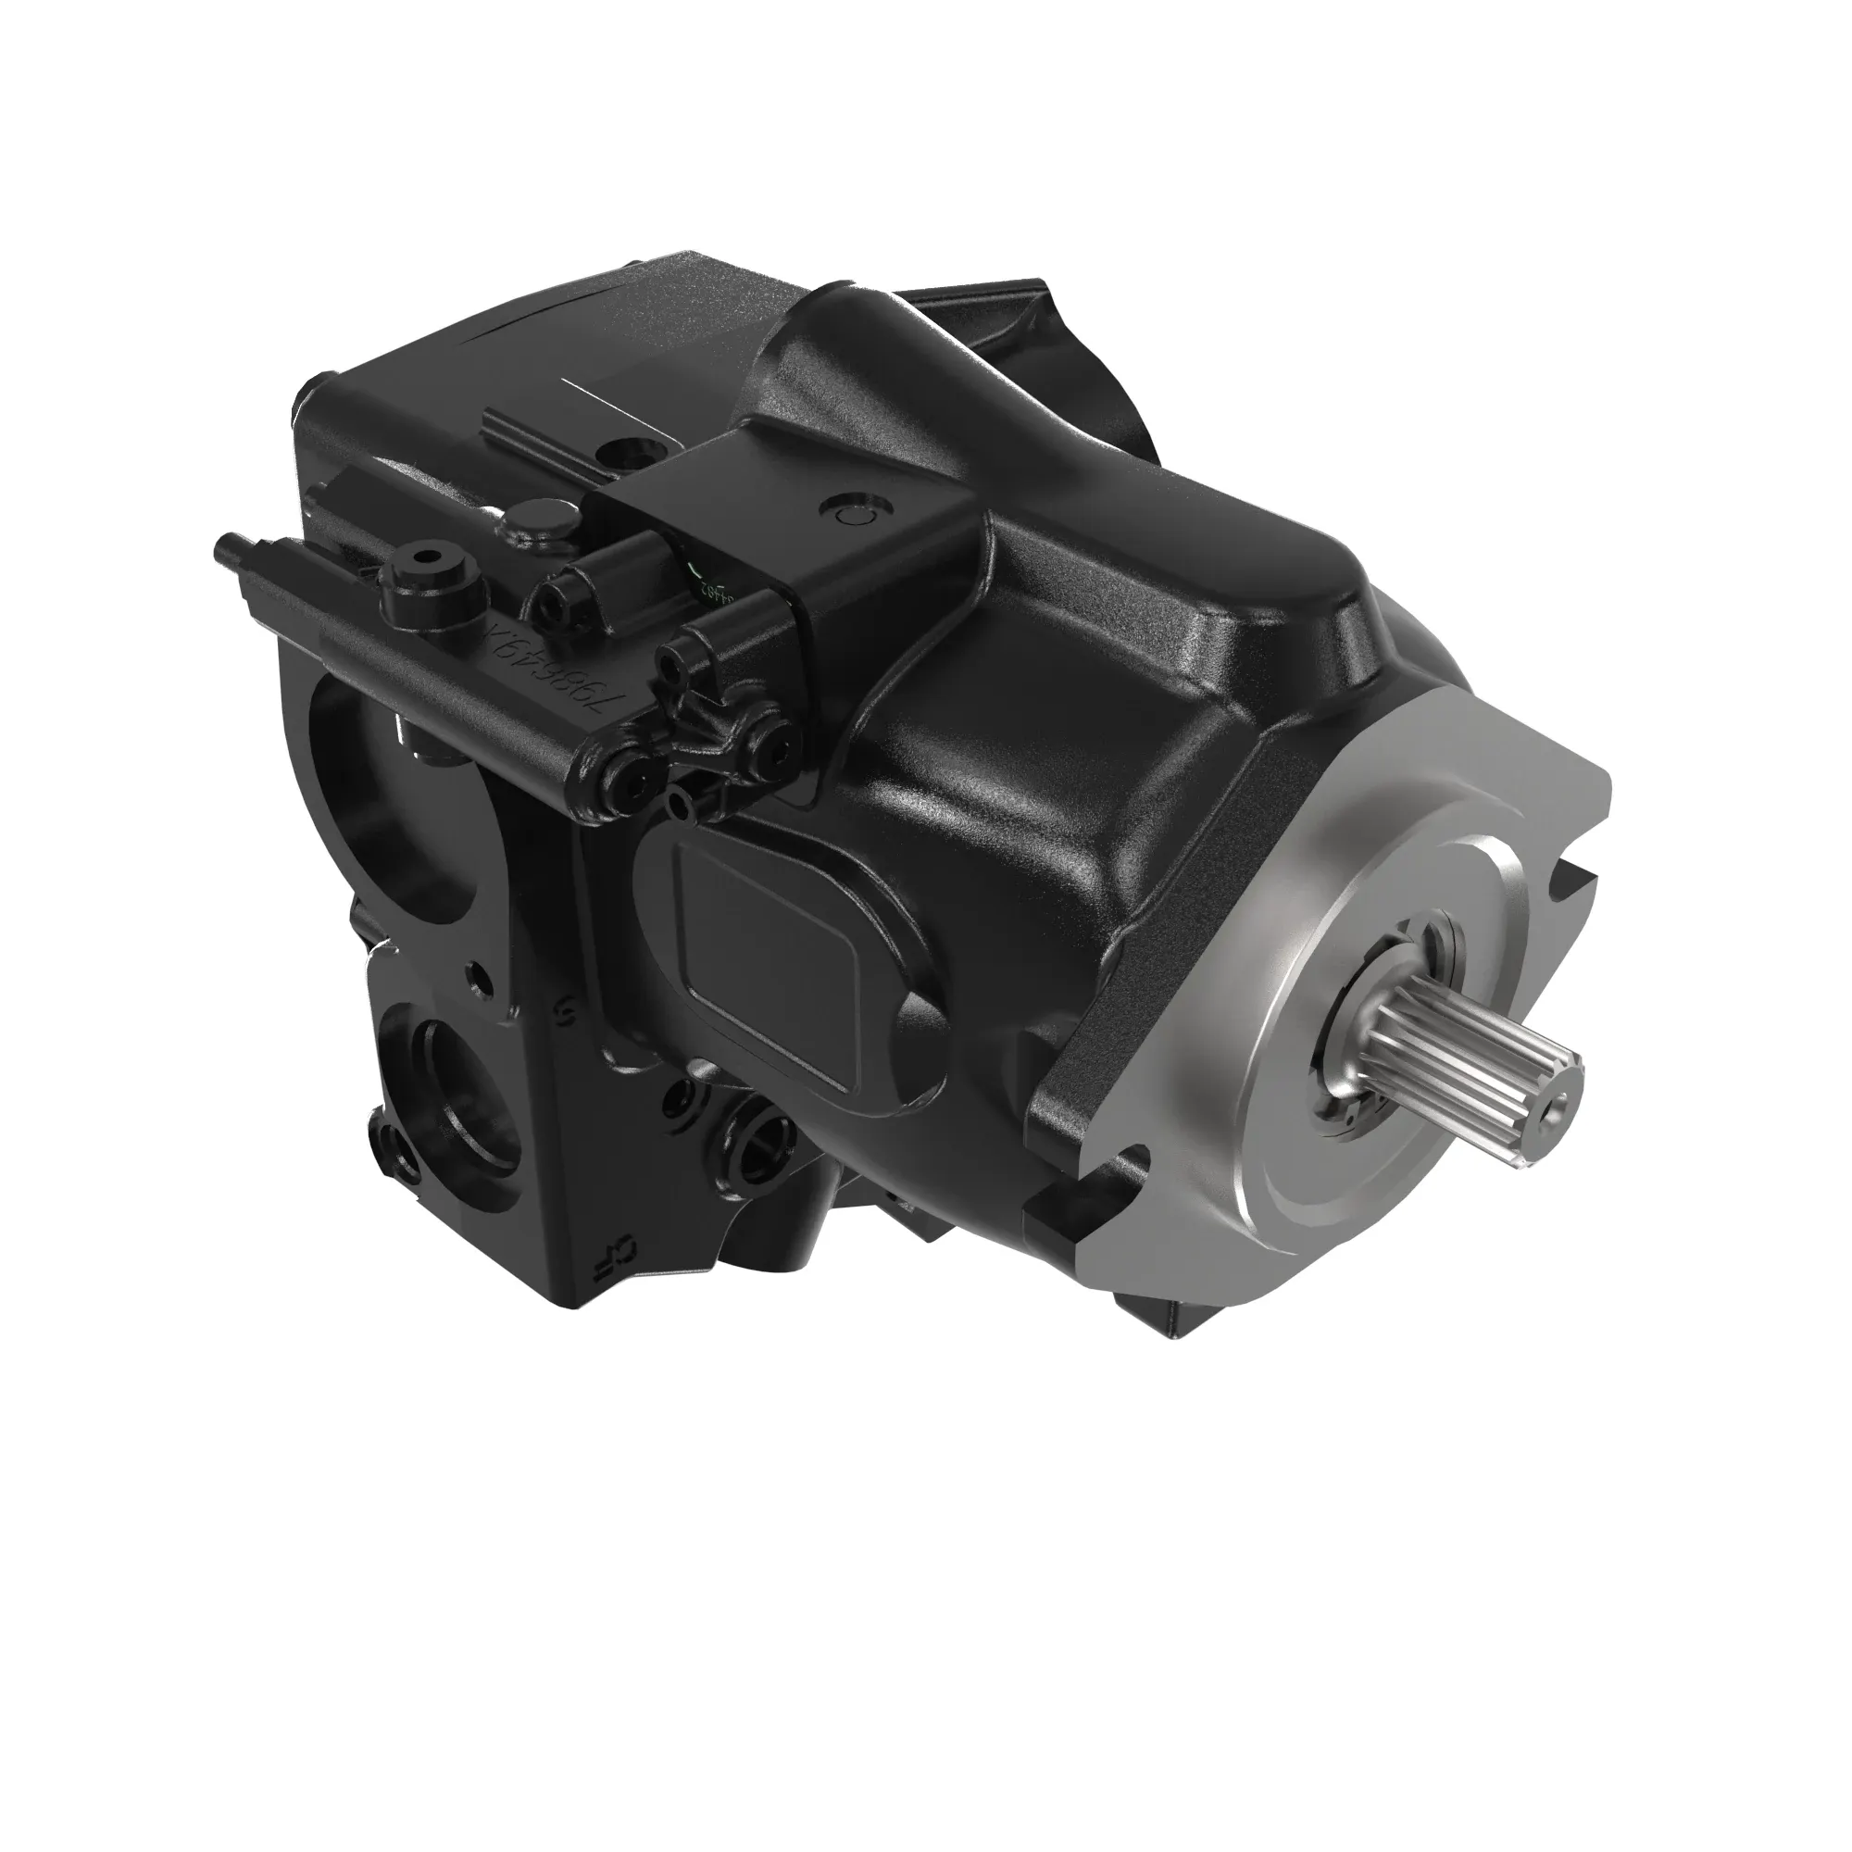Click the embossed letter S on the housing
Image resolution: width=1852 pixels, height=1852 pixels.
566,1007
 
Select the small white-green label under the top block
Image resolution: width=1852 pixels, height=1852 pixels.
714,584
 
